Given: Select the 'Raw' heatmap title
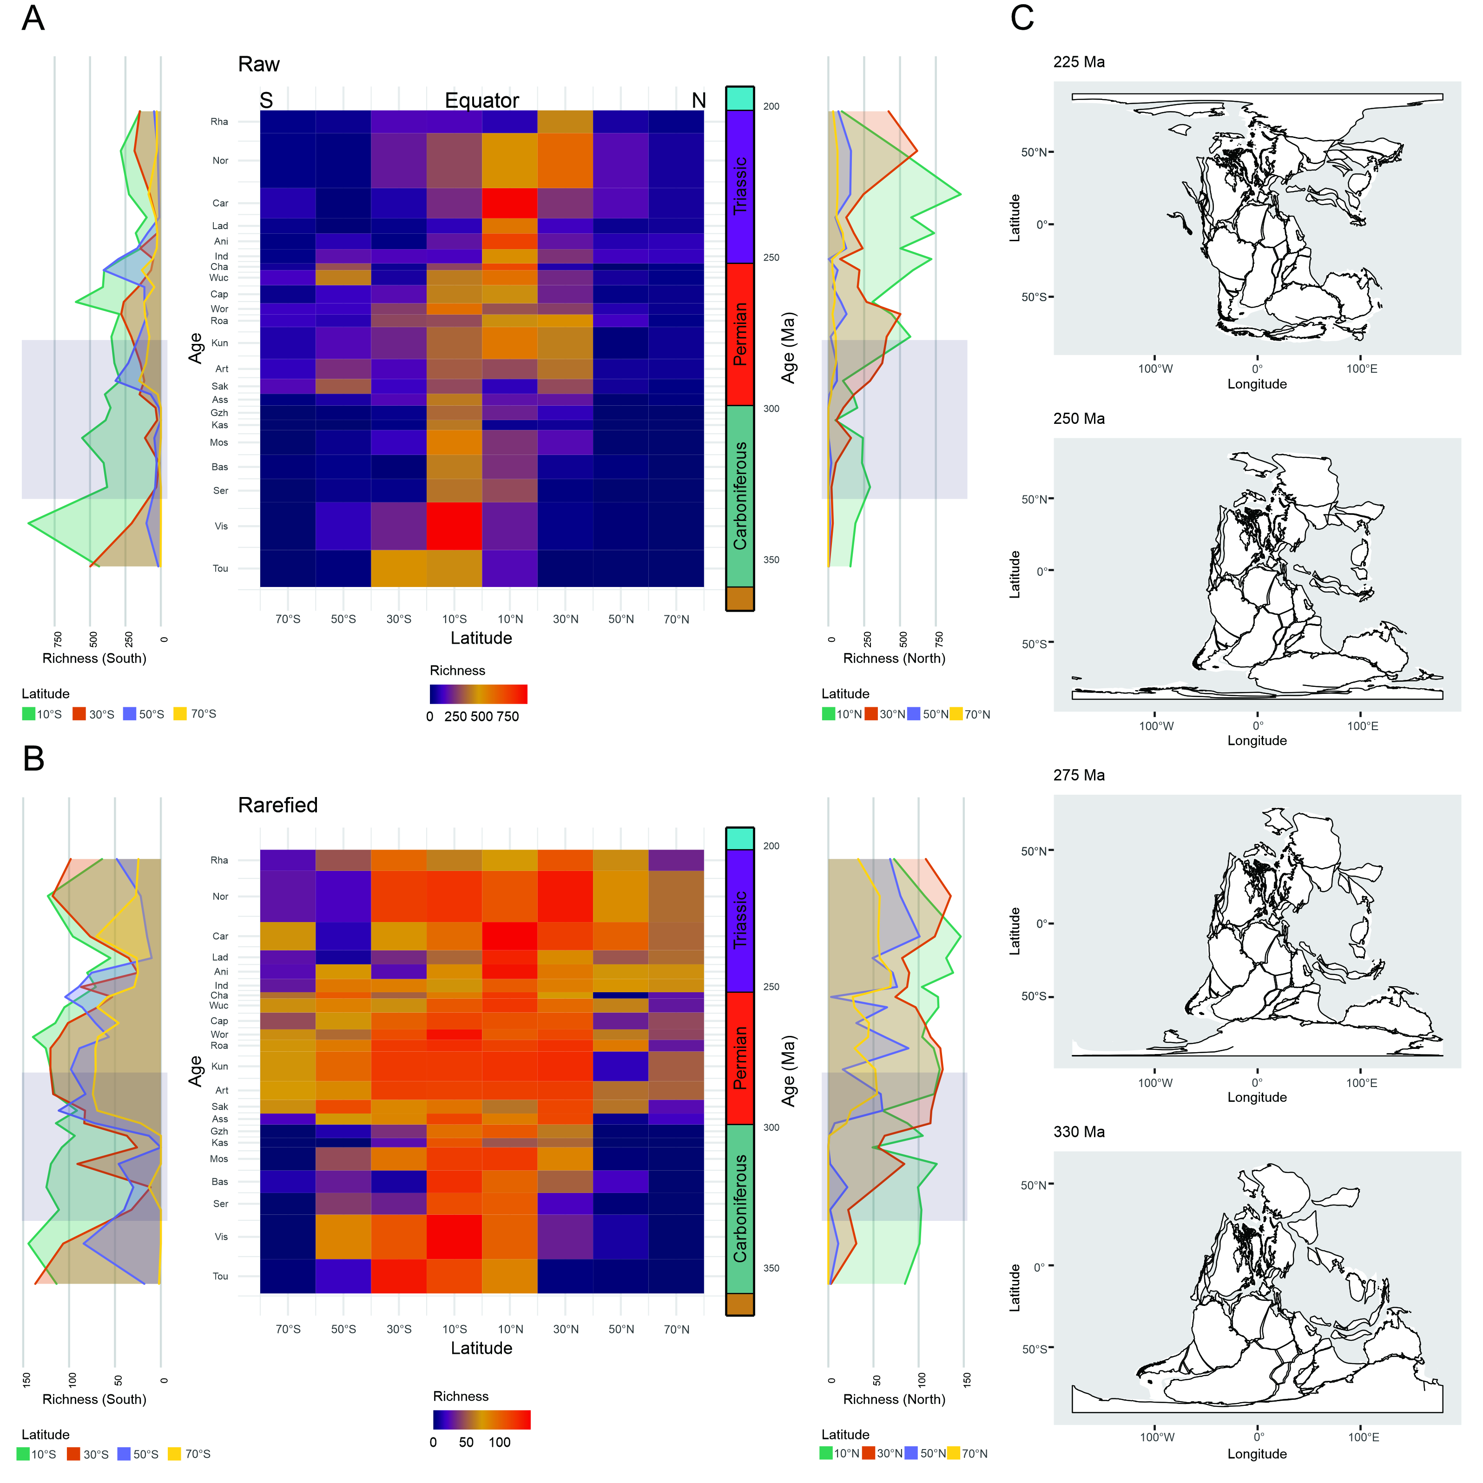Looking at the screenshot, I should tap(259, 65).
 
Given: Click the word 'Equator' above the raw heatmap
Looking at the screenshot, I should tap(481, 100).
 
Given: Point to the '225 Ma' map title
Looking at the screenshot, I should tap(1079, 62).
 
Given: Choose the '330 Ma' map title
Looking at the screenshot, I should tap(1079, 1132).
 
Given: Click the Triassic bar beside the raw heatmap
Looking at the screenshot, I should tap(740, 186).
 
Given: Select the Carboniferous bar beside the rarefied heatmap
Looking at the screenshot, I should tap(740, 1208).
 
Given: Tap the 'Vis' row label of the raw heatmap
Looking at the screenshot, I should tap(221, 526).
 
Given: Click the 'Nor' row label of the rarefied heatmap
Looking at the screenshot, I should tap(220, 896).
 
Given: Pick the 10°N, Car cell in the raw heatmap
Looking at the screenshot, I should tap(510, 204).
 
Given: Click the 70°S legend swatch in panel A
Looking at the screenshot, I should tap(180, 714).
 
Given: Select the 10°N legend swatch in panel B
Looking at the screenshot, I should tap(826, 1453).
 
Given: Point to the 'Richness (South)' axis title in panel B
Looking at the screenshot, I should tap(94, 1399).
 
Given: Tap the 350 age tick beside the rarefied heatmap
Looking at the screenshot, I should tap(771, 1268).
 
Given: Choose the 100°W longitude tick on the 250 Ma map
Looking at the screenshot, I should tap(1155, 725).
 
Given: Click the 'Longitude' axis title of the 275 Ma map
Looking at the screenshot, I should tap(1257, 1097).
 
